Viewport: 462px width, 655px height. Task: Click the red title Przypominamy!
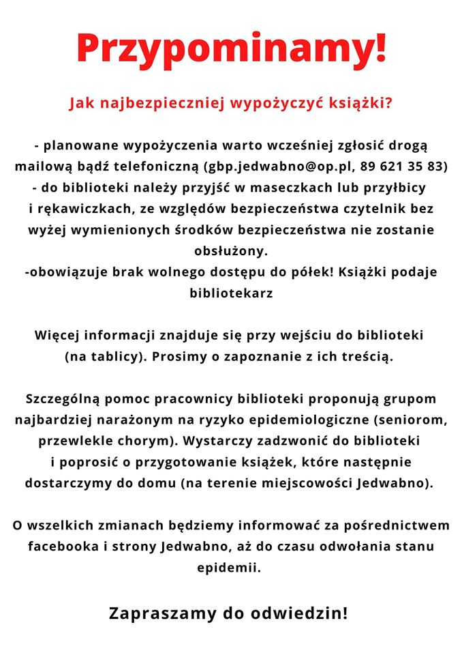231,48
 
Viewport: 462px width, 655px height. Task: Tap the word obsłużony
231,250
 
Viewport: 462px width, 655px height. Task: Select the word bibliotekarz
230,293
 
